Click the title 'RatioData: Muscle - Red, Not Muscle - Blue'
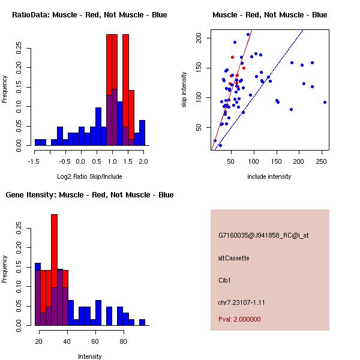tap(89, 14)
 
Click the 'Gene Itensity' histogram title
tap(89, 195)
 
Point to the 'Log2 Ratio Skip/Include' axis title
tap(89, 176)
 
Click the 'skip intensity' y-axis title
tap(184, 90)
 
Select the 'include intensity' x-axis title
tap(269, 176)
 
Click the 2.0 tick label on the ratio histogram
tap(143, 160)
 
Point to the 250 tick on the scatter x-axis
tap(322, 160)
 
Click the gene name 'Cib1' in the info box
tap(224, 280)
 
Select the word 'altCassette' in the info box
tap(233, 258)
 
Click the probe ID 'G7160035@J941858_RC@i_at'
tap(263, 236)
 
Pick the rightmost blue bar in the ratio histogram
tap(142, 133)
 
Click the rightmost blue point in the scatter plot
tap(325, 102)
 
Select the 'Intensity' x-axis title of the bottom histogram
tap(89, 356)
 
